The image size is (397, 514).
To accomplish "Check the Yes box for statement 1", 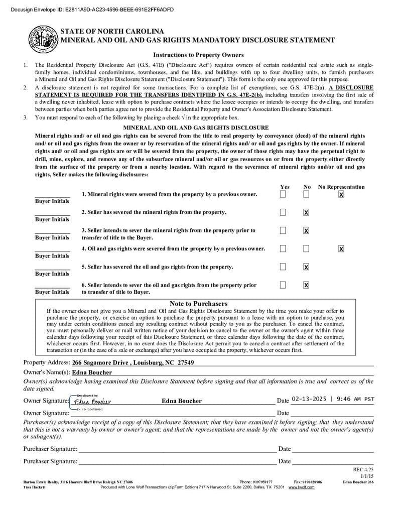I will coord(283,194).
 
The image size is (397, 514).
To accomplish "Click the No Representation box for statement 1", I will coord(341,194).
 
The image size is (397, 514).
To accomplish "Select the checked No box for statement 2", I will coord(306,212).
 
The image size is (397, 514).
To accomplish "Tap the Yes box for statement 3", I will coord(283,230).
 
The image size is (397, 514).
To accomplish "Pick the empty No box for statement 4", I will coord(306,248).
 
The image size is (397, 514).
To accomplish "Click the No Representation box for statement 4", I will coord(341,248).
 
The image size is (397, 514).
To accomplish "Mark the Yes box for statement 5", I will coord(283,267).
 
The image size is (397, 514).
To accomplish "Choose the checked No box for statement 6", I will coord(306,285).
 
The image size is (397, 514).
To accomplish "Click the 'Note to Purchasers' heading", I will coord(198,304).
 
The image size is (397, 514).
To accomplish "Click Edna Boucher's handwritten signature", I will coord(92,401).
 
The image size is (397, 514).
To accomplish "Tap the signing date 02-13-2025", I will coord(310,399).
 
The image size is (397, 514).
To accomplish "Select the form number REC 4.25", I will coord(363,469).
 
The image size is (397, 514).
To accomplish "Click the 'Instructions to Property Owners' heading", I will coord(198,55).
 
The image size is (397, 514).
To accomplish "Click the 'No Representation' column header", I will coord(341,187).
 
